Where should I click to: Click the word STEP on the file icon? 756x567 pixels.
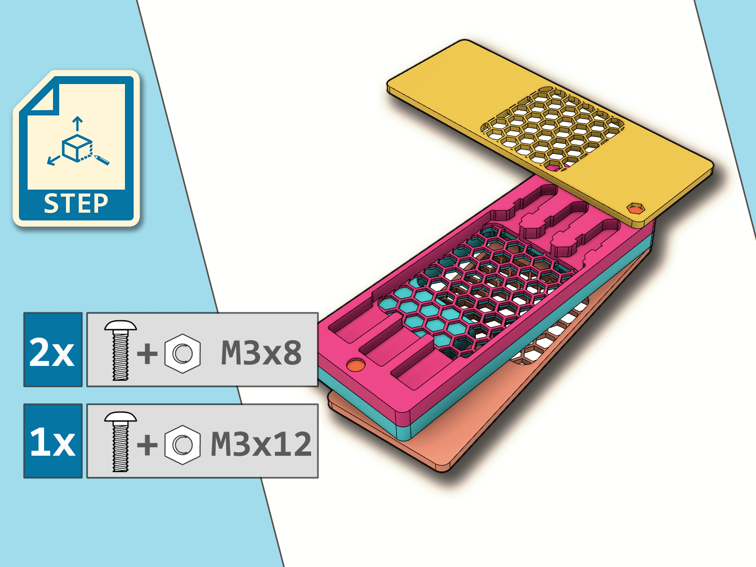pyautogui.click(x=76, y=204)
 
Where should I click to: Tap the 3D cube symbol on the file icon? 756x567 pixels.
pyautogui.click(x=77, y=148)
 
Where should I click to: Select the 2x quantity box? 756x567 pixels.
pyautogui.click(x=52, y=350)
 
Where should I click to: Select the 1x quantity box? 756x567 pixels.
pyautogui.click(x=52, y=441)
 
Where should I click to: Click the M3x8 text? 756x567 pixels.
pyautogui.click(x=261, y=353)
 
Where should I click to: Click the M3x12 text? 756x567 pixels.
pyautogui.click(x=261, y=444)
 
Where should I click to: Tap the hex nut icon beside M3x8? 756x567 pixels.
pyautogui.click(x=183, y=353)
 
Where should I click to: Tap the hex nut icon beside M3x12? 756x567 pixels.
pyautogui.click(x=183, y=445)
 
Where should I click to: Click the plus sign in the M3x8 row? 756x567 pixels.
pyautogui.click(x=147, y=353)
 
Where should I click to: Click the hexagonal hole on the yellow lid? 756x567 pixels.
pyautogui.click(x=636, y=208)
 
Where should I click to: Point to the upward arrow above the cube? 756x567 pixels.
pyautogui.click(x=78, y=124)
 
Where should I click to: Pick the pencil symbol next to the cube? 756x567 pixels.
pyautogui.click(x=102, y=159)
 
